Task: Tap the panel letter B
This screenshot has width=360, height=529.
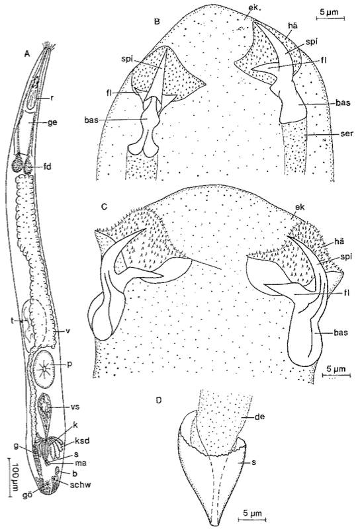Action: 157,22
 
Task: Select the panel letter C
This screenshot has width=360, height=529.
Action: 105,206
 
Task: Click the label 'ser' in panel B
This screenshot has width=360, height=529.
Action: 347,134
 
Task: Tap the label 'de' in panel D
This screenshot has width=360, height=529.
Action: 260,417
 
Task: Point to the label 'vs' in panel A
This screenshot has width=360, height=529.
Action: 75,407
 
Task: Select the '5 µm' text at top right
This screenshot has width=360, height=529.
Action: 330,12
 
